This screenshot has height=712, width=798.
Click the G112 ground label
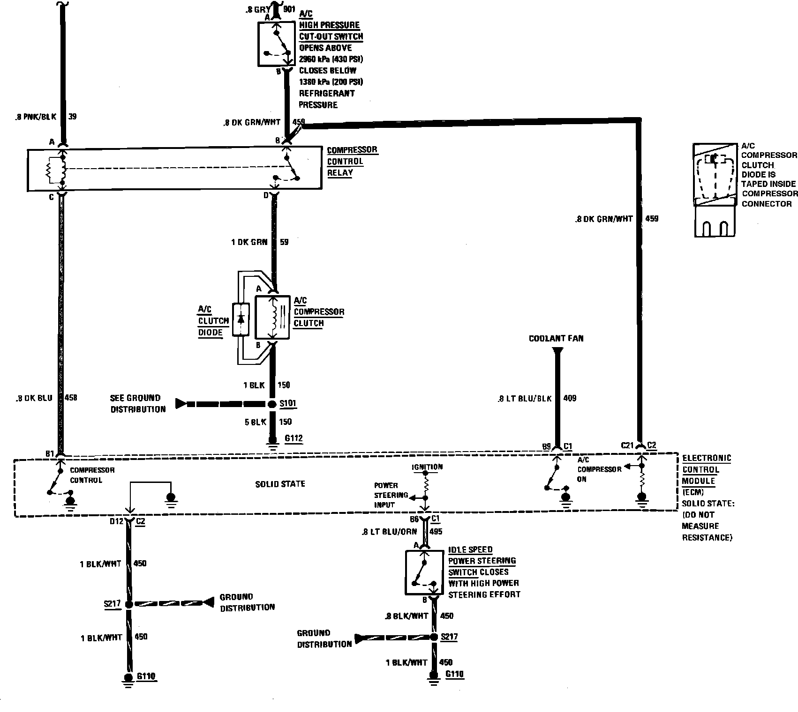click(x=294, y=439)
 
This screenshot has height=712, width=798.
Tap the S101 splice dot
click(x=272, y=404)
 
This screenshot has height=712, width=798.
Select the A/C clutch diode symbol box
click(x=241, y=319)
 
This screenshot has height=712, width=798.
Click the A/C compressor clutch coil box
click(x=272, y=317)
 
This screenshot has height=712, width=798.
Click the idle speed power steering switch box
click(x=424, y=572)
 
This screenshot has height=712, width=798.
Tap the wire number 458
click(x=70, y=398)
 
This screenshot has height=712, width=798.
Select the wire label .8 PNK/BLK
click(x=35, y=117)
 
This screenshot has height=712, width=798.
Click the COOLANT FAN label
click(x=556, y=338)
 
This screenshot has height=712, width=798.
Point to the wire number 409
click(x=570, y=398)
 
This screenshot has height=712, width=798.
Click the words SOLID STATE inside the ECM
click(x=280, y=484)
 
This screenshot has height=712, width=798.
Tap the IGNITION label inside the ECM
click(x=427, y=467)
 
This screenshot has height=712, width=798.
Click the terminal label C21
click(x=627, y=445)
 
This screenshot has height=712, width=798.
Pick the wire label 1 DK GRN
click(x=249, y=242)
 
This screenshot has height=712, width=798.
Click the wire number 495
click(x=436, y=532)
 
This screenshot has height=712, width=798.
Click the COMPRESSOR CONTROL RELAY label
click(x=352, y=161)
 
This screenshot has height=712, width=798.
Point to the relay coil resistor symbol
click(x=50, y=171)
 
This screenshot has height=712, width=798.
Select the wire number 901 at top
click(x=289, y=9)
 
